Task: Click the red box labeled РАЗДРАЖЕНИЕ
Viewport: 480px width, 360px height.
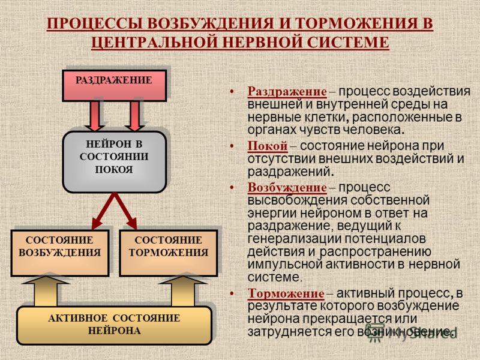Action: click(114, 85)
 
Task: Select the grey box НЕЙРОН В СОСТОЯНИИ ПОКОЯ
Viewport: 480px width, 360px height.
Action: click(114, 162)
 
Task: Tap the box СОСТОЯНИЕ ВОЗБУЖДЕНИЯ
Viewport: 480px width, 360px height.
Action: click(60, 253)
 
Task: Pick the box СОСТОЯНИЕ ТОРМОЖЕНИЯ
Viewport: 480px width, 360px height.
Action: click(169, 253)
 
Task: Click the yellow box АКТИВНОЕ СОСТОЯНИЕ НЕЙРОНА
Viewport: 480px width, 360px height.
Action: click(114, 325)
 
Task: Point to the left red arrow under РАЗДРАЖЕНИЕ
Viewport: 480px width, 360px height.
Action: click(94, 116)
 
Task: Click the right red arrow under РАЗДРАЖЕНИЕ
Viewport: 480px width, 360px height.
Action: click(134, 116)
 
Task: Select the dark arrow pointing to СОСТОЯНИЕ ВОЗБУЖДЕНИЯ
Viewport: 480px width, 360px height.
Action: click(103, 211)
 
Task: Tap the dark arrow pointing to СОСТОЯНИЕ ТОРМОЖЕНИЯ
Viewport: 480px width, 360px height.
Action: click(125, 211)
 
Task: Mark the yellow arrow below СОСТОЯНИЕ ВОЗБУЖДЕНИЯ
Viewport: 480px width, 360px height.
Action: click(46, 291)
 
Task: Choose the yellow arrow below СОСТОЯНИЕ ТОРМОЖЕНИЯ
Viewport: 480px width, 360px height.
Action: click(183, 291)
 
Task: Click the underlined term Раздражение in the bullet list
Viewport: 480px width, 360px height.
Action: click(287, 91)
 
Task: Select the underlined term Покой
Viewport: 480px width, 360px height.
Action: click(268, 146)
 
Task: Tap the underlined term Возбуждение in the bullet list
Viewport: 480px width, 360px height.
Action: click(287, 187)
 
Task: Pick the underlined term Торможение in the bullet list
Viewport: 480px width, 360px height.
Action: click(286, 293)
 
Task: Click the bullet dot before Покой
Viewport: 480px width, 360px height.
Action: click(232, 146)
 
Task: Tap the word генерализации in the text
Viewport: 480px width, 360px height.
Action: click(293, 239)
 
